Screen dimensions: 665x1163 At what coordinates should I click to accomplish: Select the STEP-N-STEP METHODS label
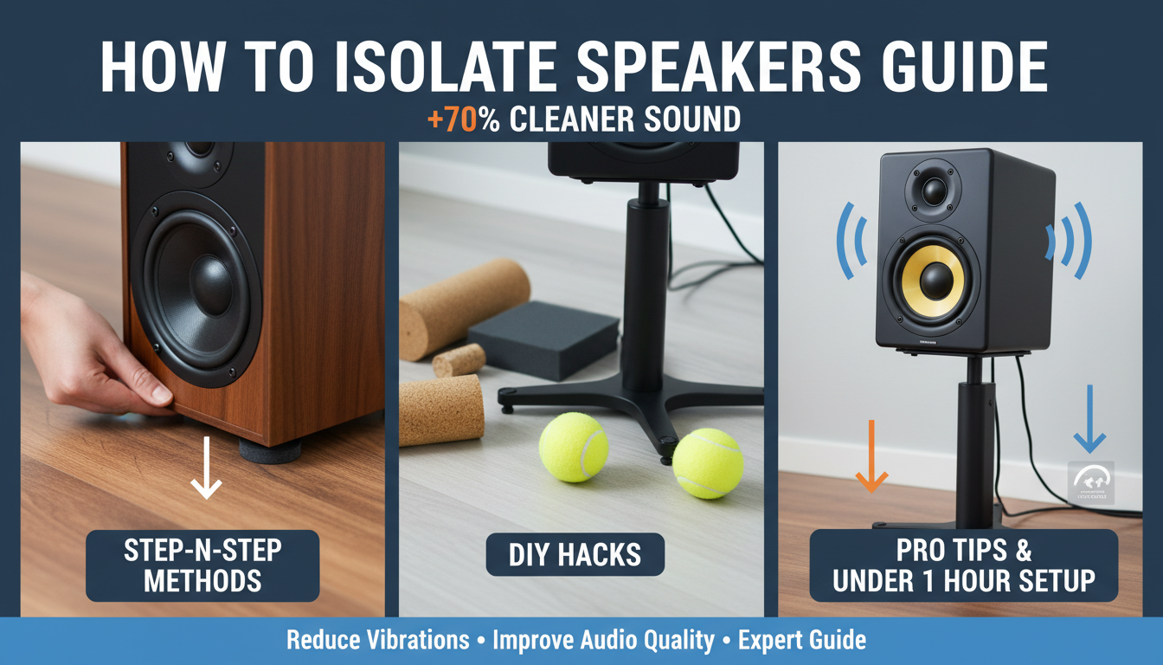click(x=202, y=566)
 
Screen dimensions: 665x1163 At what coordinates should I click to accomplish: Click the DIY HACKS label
click(x=575, y=555)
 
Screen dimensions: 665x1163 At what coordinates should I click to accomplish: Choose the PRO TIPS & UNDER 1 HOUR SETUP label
click(x=963, y=565)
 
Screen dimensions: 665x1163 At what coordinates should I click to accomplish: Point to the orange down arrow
click(x=871, y=455)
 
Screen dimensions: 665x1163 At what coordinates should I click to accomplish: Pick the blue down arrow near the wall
click(x=1089, y=419)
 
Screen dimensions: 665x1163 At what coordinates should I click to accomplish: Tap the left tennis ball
click(x=573, y=447)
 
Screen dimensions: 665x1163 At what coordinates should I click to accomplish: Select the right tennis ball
click(x=708, y=463)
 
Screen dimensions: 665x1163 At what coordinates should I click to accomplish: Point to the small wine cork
click(x=459, y=360)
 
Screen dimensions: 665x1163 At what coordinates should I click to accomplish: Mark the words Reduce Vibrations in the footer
click(x=378, y=641)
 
